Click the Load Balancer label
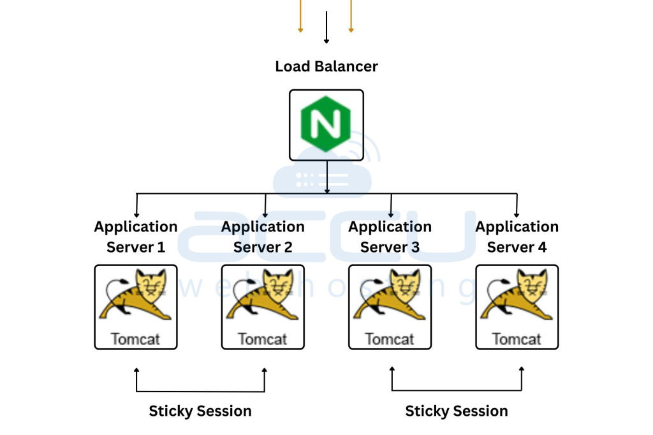[x=326, y=66]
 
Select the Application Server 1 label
[x=136, y=237]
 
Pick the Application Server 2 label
[x=263, y=237]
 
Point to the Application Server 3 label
[x=390, y=237]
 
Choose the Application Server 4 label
[x=517, y=237]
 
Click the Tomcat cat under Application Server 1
[x=136, y=296]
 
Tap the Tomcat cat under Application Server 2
[x=263, y=296]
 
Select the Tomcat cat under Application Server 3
[x=390, y=296]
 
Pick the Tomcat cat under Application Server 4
[x=517, y=296]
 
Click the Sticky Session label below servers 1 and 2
[x=200, y=411]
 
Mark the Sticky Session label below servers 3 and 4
[x=457, y=411]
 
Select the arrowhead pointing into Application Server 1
[x=136, y=214]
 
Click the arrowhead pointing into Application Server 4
[x=517, y=214]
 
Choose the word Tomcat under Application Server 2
[x=263, y=339]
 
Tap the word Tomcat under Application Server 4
[x=517, y=339]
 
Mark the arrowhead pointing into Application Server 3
[x=390, y=214]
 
